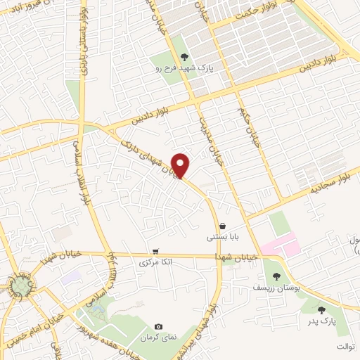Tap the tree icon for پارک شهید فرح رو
tap(184, 57)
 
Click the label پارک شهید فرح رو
tap(184, 68)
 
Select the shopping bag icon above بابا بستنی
tap(222, 226)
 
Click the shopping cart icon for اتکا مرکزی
tap(155, 251)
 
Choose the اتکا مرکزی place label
tap(155, 262)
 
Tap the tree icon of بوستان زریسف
tap(275, 276)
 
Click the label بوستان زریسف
tap(276, 288)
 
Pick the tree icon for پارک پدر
tap(321, 310)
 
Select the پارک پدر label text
tap(321, 321)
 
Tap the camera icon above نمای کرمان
tap(158, 327)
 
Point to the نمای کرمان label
tap(159, 338)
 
